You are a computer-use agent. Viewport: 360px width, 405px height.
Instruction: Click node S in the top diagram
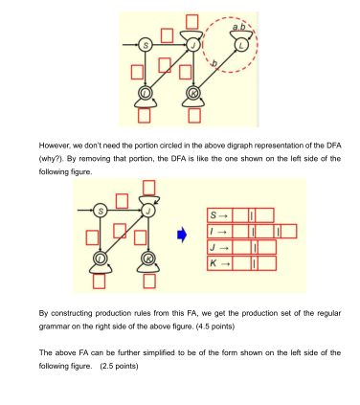point(146,45)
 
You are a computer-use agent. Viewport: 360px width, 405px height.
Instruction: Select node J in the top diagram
point(194,45)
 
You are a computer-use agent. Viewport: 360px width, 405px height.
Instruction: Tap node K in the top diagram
point(193,93)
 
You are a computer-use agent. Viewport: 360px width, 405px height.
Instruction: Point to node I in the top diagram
point(146,93)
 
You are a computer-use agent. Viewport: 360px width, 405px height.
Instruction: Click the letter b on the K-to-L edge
point(214,63)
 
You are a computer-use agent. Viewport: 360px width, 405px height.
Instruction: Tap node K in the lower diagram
point(147,259)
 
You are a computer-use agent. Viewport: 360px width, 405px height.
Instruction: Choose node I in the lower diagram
point(100,259)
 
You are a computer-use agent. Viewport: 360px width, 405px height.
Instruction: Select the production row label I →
point(216,231)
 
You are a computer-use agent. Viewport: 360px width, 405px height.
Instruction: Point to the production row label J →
point(216,246)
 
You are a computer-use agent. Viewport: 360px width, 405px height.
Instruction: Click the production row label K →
point(216,261)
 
